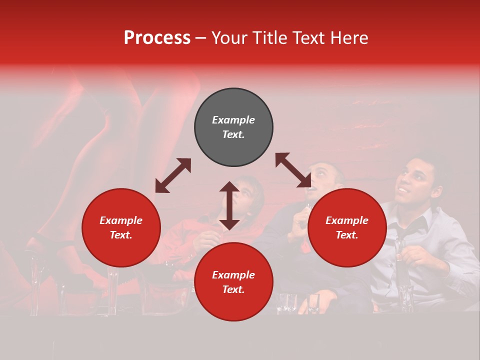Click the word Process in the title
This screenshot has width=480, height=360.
[x=157, y=38]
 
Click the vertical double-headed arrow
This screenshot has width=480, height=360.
[x=229, y=205]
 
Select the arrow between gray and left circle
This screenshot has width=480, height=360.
[x=173, y=175]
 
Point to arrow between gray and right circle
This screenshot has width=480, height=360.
[x=293, y=170]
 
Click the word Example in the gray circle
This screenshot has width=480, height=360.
[x=233, y=120]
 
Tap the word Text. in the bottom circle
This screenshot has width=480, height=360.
[x=233, y=289]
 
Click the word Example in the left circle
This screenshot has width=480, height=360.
[x=121, y=220]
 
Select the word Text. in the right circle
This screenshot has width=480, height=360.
[x=347, y=235]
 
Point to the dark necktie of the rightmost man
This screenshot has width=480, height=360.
[x=406, y=240]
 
